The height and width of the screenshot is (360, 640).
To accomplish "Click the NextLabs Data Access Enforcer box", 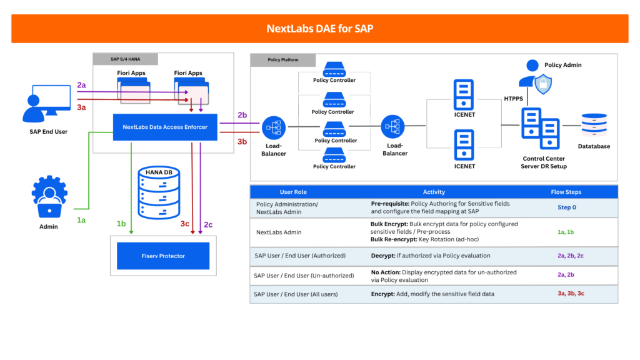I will pyautogui.click(x=165, y=127).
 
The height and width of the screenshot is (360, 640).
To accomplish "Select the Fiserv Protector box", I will pyautogui.click(x=162, y=256).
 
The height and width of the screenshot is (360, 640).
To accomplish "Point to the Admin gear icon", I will pyautogui.click(x=49, y=196).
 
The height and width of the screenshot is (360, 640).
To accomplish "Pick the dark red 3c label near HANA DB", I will pyautogui.click(x=185, y=224).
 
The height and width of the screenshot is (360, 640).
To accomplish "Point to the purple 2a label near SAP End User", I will pyautogui.click(x=82, y=85).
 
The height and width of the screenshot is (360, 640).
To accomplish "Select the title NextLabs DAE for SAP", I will pyautogui.click(x=320, y=29).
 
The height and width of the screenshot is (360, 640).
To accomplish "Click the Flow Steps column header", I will pyautogui.click(x=566, y=192).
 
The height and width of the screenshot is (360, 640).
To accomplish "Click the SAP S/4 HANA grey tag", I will pyautogui.click(x=126, y=59).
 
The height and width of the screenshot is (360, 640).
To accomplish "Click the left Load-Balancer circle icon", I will pyautogui.click(x=273, y=127).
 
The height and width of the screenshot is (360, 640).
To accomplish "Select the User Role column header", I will pyautogui.click(x=293, y=192).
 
